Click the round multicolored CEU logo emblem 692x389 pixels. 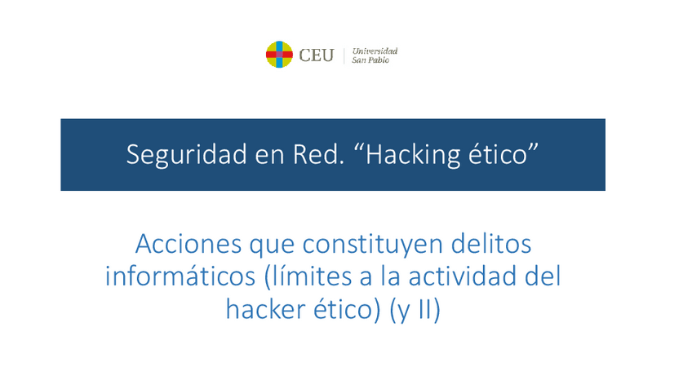279,55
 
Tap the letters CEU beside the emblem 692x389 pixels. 316,55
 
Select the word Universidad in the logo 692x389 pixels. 375,51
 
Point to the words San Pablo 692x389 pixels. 370,60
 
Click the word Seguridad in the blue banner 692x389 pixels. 187,155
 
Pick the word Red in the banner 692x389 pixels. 317,154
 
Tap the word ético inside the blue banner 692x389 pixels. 498,154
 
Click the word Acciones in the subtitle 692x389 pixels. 189,244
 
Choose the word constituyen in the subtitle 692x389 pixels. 373,245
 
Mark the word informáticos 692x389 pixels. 180,276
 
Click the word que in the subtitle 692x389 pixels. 272,246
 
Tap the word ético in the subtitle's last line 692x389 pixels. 347,309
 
